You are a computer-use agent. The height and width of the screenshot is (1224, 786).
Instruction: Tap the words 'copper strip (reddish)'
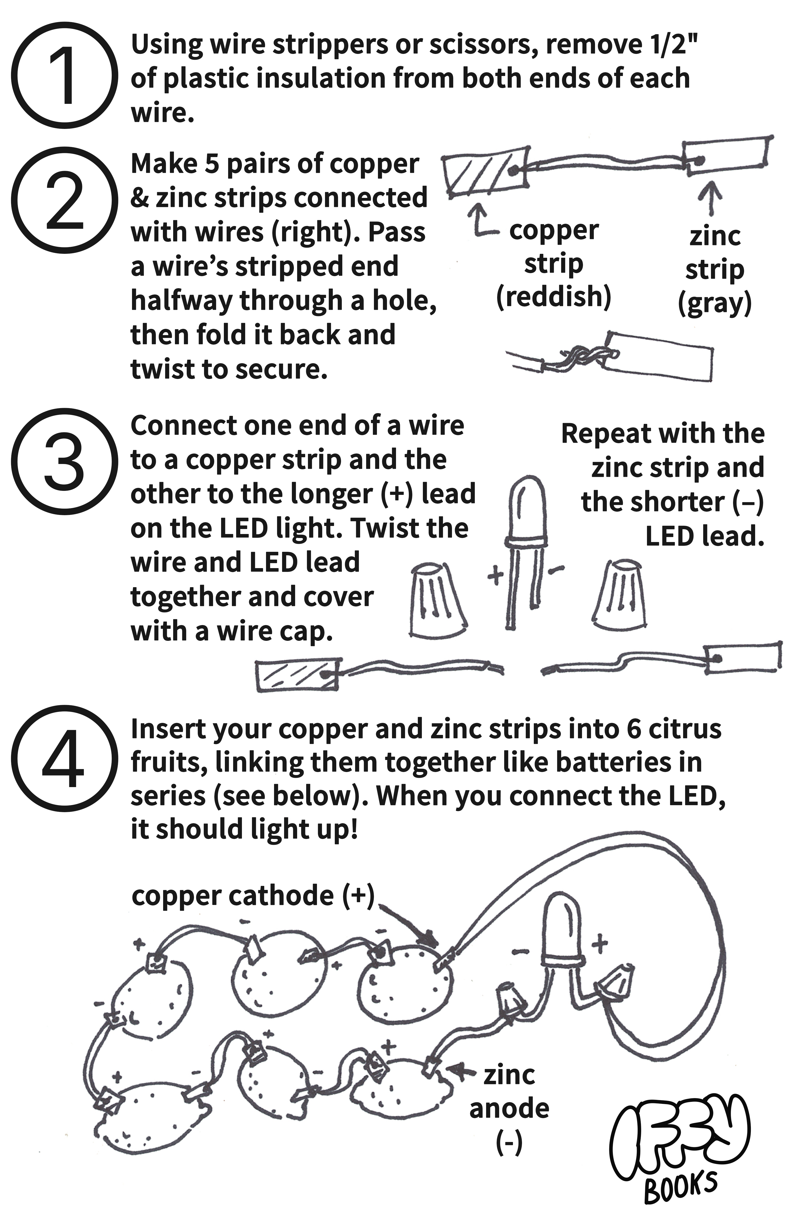(554, 264)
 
